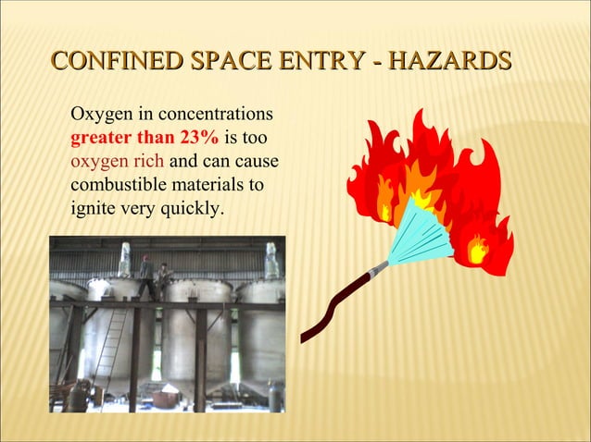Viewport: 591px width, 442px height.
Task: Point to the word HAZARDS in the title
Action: pyautogui.click(x=452, y=62)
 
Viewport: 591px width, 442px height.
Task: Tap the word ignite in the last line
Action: pyautogui.click(x=93, y=208)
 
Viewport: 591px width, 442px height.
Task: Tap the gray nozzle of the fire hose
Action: pyautogui.click(x=378, y=270)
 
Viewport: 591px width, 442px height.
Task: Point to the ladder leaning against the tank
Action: pyautogui.click(x=110, y=348)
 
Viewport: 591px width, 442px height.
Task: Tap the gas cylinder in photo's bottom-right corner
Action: pyautogui.click(x=274, y=396)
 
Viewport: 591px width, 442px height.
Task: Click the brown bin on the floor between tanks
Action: pyautogui.click(x=167, y=399)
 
